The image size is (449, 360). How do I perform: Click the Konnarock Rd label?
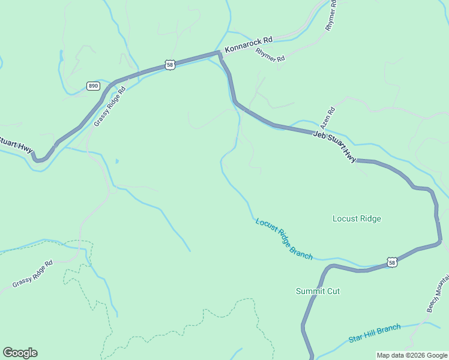(x=249, y=44)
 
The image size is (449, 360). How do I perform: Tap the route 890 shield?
(x=92, y=86)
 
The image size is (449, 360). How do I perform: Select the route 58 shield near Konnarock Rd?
(x=170, y=64)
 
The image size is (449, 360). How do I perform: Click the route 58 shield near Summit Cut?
(x=391, y=262)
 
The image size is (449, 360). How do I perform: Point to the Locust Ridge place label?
(x=357, y=219)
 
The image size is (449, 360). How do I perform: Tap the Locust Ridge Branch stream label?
(x=284, y=239)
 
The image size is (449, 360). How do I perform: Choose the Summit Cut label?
(x=318, y=291)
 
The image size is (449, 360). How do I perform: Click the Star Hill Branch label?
(x=374, y=334)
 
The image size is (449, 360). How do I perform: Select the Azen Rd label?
(x=327, y=118)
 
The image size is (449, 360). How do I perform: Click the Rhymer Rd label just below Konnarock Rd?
(x=270, y=55)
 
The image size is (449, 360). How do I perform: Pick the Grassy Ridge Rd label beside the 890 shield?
(x=110, y=107)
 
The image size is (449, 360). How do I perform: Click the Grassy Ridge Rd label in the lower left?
(x=32, y=273)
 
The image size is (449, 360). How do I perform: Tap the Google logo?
(x=20, y=353)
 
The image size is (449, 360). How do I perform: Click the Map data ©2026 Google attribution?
(x=412, y=355)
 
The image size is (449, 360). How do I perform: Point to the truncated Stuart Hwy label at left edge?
(x=16, y=145)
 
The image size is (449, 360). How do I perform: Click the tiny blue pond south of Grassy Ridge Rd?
(x=116, y=161)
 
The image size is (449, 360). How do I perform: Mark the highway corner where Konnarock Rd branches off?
(x=220, y=54)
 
